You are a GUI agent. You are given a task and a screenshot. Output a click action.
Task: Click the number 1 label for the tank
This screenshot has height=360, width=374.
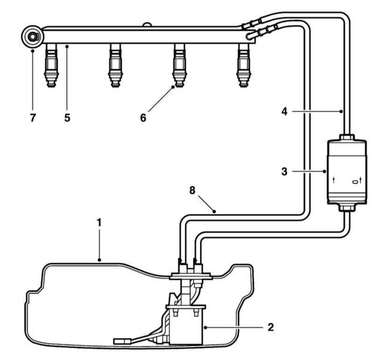point(99,222)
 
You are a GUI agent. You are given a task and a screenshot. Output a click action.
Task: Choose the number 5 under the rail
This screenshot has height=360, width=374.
point(67,118)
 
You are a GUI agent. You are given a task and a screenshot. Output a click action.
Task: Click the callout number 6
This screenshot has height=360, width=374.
point(143,118)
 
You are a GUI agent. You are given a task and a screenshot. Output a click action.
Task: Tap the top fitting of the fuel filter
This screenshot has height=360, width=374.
point(347,136)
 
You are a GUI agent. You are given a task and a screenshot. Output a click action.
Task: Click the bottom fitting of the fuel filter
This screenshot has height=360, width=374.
point(347,208)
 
